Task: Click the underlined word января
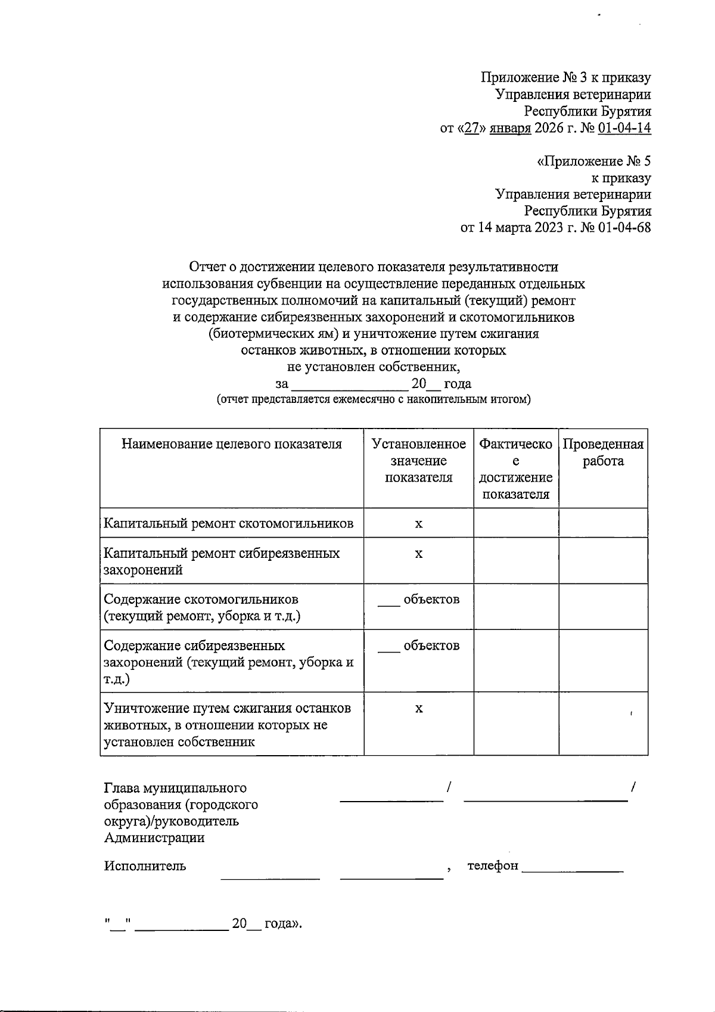510,128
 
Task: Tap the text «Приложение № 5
593,161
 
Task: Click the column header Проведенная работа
603,452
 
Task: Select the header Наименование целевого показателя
232,444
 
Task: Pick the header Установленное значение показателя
418,461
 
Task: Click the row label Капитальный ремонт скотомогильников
229,523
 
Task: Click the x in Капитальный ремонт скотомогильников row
419,524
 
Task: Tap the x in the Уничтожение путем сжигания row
419,709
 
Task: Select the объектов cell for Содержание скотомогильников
419,600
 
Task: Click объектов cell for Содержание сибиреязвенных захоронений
419,645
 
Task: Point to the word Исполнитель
145,866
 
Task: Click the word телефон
493,865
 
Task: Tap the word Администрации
154,838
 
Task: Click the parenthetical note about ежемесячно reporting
373,399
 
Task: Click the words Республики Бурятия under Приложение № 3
587,111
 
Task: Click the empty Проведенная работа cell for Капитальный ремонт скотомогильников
603,523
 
